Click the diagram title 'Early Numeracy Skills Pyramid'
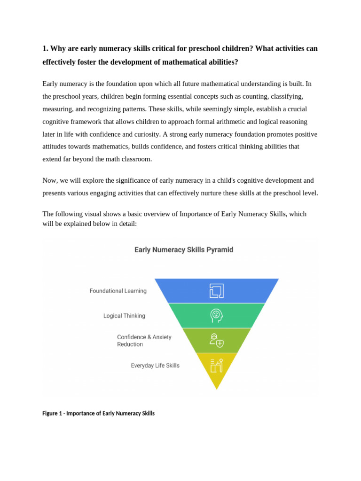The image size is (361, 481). click(x=184, y=250)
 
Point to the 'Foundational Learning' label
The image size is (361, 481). click(x=118, y=291)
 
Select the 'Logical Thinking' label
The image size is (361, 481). click(x=124, y=316)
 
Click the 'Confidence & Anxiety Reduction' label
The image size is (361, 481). click(x=144, y=341)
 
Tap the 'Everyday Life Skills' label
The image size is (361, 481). click(x=155, y=365)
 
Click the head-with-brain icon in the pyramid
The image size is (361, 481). click(x=216, y=316)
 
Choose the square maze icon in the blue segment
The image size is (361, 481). click(x=216, y=291)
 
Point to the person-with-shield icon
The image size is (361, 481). click(x=216, y=341)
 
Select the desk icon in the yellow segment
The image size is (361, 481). click(x=216, y=365)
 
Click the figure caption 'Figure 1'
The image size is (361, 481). click(x=98, y=413)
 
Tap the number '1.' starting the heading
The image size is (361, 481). click(x=46, y=49)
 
